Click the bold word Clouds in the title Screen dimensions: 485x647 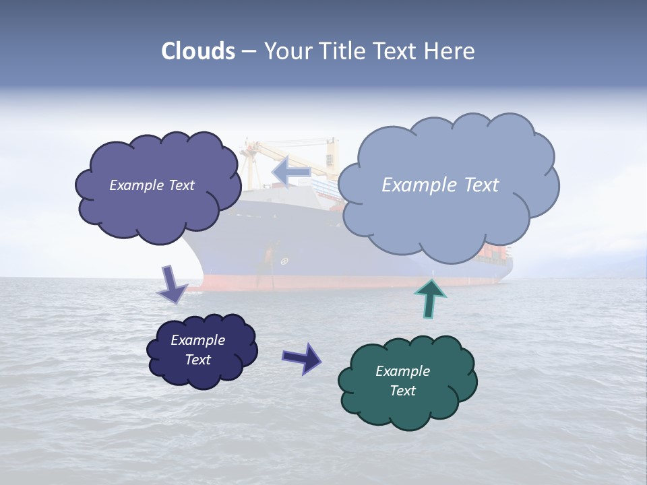[x=198, y=51]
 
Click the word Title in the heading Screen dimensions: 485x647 [x=342, y=51]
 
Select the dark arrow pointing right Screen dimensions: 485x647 [x=301, y=358]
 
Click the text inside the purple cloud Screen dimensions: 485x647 [x=152, y=185]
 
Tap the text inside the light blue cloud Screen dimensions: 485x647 [x=440, y=185]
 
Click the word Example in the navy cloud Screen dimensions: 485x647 [x=197, y=340]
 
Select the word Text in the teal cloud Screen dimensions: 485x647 [x=402, y=391]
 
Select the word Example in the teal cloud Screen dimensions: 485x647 [x=402, y=371]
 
